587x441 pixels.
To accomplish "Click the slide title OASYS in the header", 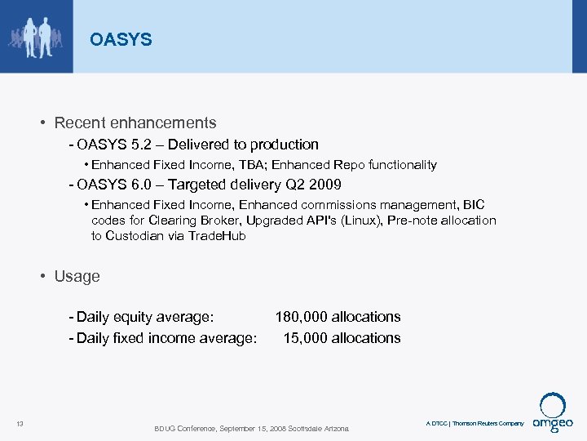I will coord(121,39).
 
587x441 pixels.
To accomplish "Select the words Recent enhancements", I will coord(135,123).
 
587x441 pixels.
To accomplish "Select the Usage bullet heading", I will coord(77,276).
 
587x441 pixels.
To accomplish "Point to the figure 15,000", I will coord(305,338).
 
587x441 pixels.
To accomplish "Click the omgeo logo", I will coord(553,412).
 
